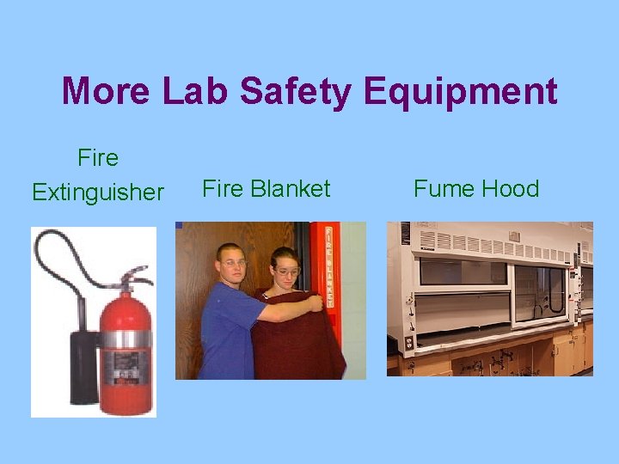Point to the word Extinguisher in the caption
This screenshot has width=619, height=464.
(97, 192)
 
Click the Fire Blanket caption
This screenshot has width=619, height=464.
(266, 189)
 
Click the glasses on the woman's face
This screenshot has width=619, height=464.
(287, 272)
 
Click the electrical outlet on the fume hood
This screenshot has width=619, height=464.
(409, 342)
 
